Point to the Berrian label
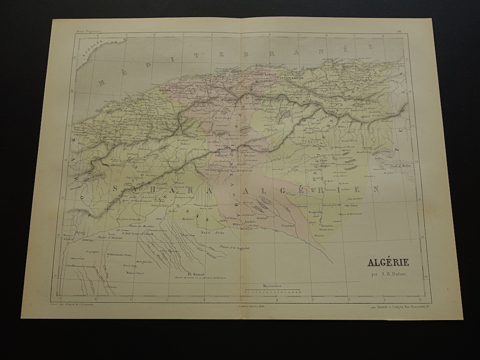263,219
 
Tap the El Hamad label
196,273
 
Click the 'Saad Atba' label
208,233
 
